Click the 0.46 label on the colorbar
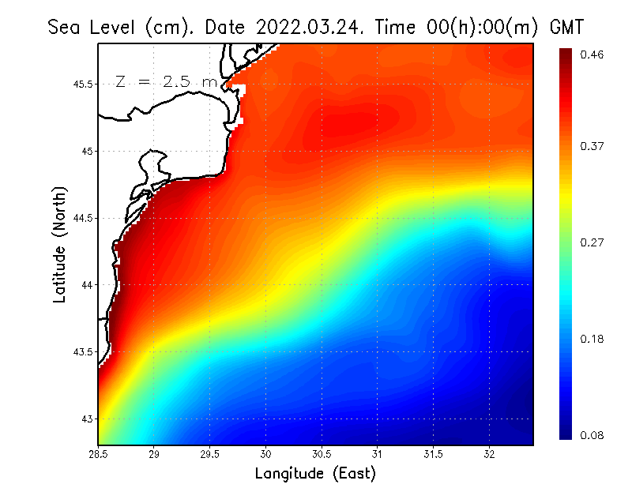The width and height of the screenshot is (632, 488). (x=593, y=54)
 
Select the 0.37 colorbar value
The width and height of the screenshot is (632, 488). (x=593, y=145)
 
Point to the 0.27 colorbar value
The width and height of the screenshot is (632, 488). (x=593, y=242)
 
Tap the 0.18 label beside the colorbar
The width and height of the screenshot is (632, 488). (x=593, y=339)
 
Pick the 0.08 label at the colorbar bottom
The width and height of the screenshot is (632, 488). (x=593, y=435)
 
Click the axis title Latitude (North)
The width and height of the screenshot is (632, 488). (x=59, y=245)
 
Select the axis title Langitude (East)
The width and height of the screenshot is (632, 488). (x=315, y=474)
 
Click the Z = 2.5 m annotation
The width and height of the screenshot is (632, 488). (x=165, y=81)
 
